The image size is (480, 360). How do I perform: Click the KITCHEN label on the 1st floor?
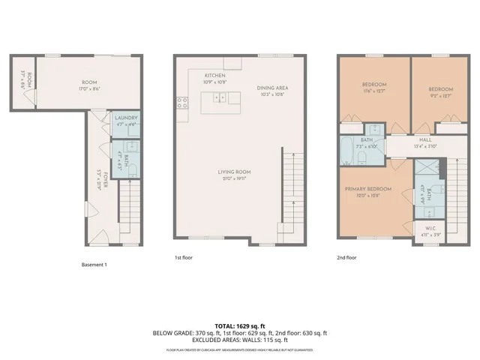pyautogui.click(x=215, y=76)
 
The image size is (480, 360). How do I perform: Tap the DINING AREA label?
pyautogui.click(x=273, y=88)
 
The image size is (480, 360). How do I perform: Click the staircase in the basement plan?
pyautogui.click(x=131, y=213)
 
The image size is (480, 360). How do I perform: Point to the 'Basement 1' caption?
pyautogui.click(x=94, y=265)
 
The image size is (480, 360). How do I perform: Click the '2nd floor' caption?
pyautogui.click(x=347, y=257)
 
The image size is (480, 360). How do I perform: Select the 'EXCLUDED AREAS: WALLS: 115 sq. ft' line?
pyautogui.click(x=239, y=340)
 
